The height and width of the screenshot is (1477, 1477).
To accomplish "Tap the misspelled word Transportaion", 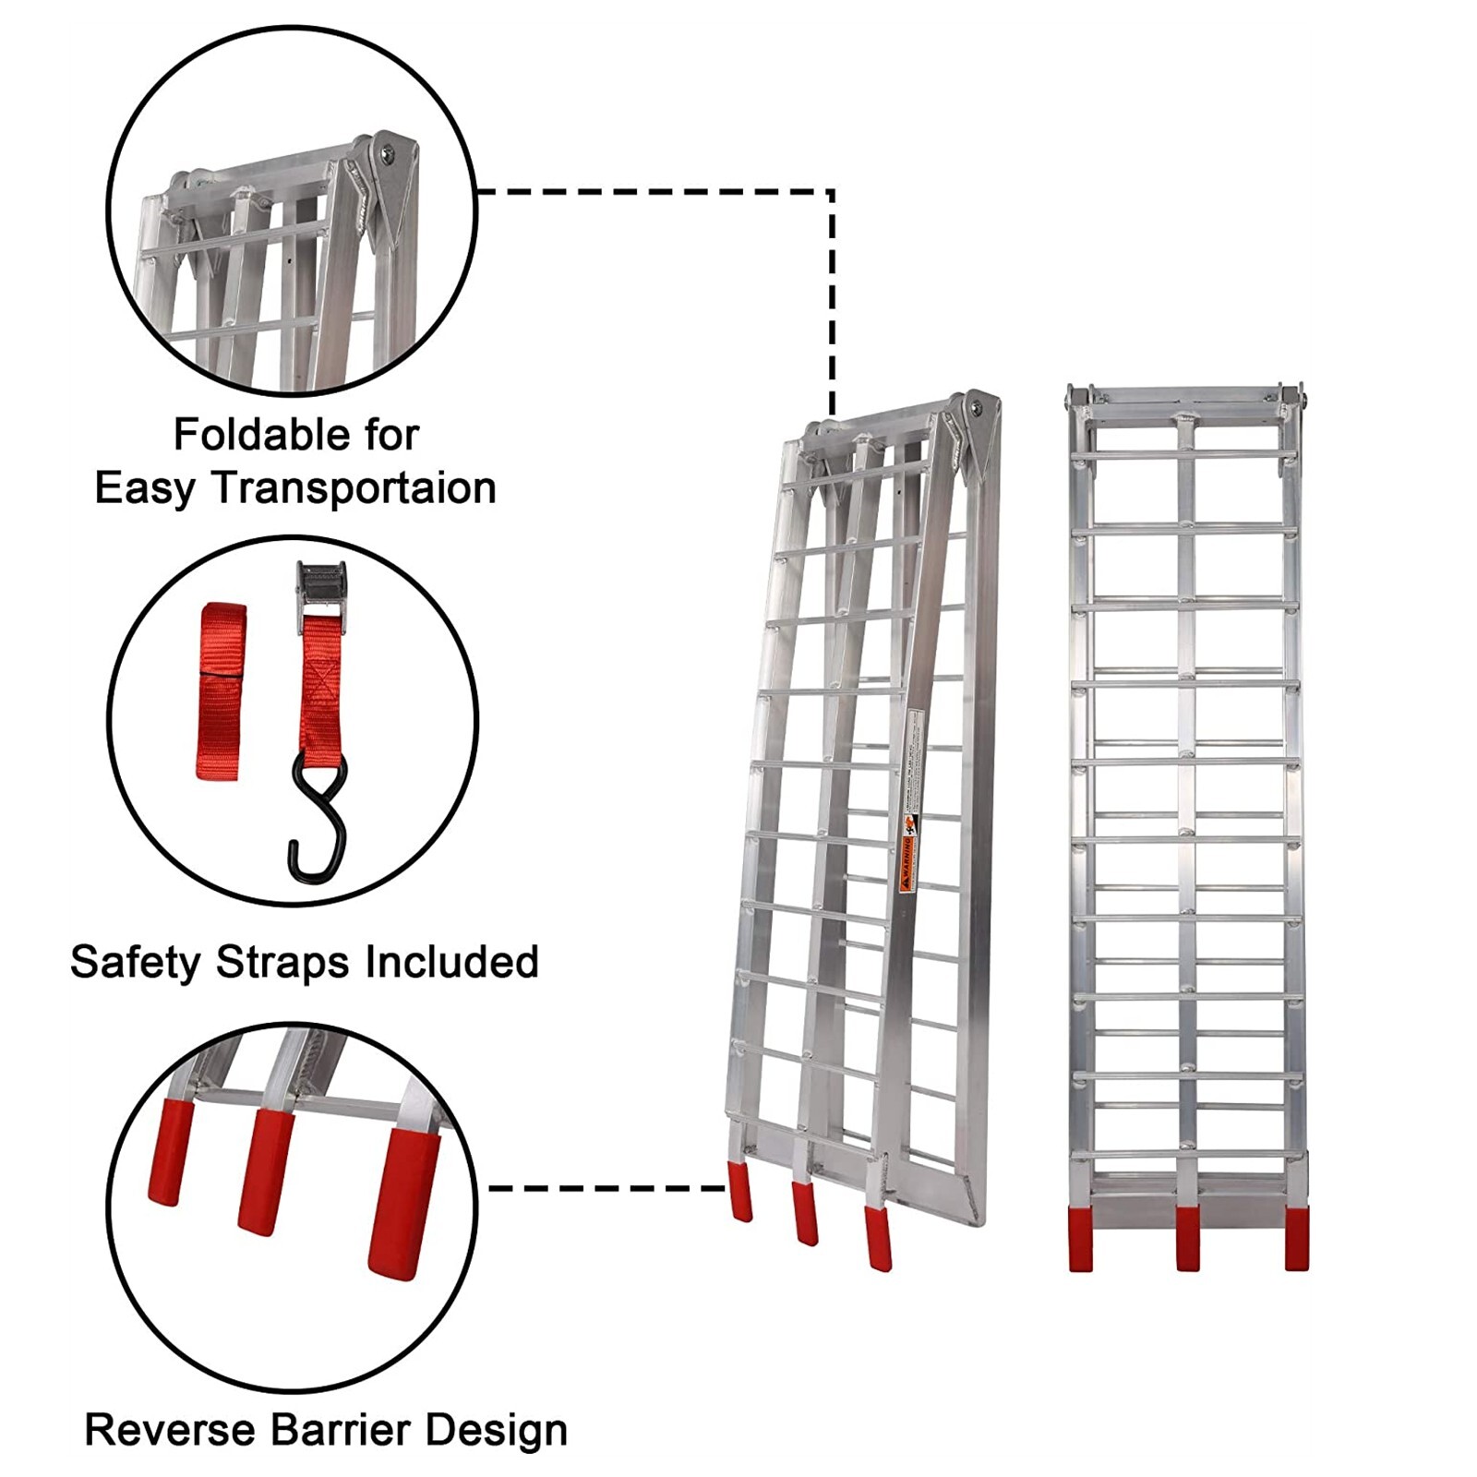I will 355,488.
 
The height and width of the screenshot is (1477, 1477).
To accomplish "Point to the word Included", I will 451,962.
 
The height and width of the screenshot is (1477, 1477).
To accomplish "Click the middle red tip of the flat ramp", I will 1188,1239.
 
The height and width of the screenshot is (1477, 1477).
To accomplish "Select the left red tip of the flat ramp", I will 1081,1239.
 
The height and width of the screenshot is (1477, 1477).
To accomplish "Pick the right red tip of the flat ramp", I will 1296,1239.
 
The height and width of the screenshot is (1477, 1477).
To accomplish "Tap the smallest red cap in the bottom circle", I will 170,1152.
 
